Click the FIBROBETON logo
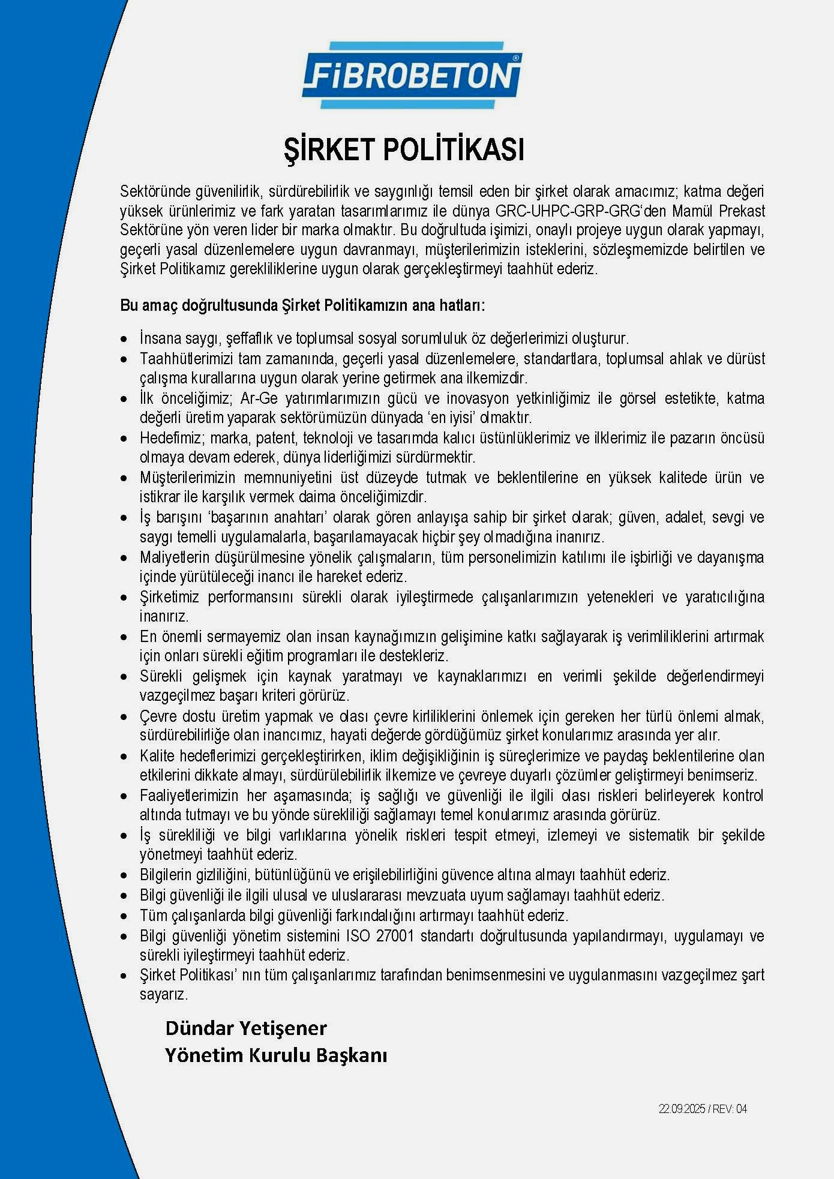412,76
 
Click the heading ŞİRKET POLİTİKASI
404,150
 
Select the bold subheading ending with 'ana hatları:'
302,305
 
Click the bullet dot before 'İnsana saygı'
124,339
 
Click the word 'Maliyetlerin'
175,557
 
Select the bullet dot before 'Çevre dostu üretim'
124,716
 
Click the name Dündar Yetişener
246,1028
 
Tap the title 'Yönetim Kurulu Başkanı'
276,1055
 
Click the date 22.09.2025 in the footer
682,1109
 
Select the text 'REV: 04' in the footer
730,1109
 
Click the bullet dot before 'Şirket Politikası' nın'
124,976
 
